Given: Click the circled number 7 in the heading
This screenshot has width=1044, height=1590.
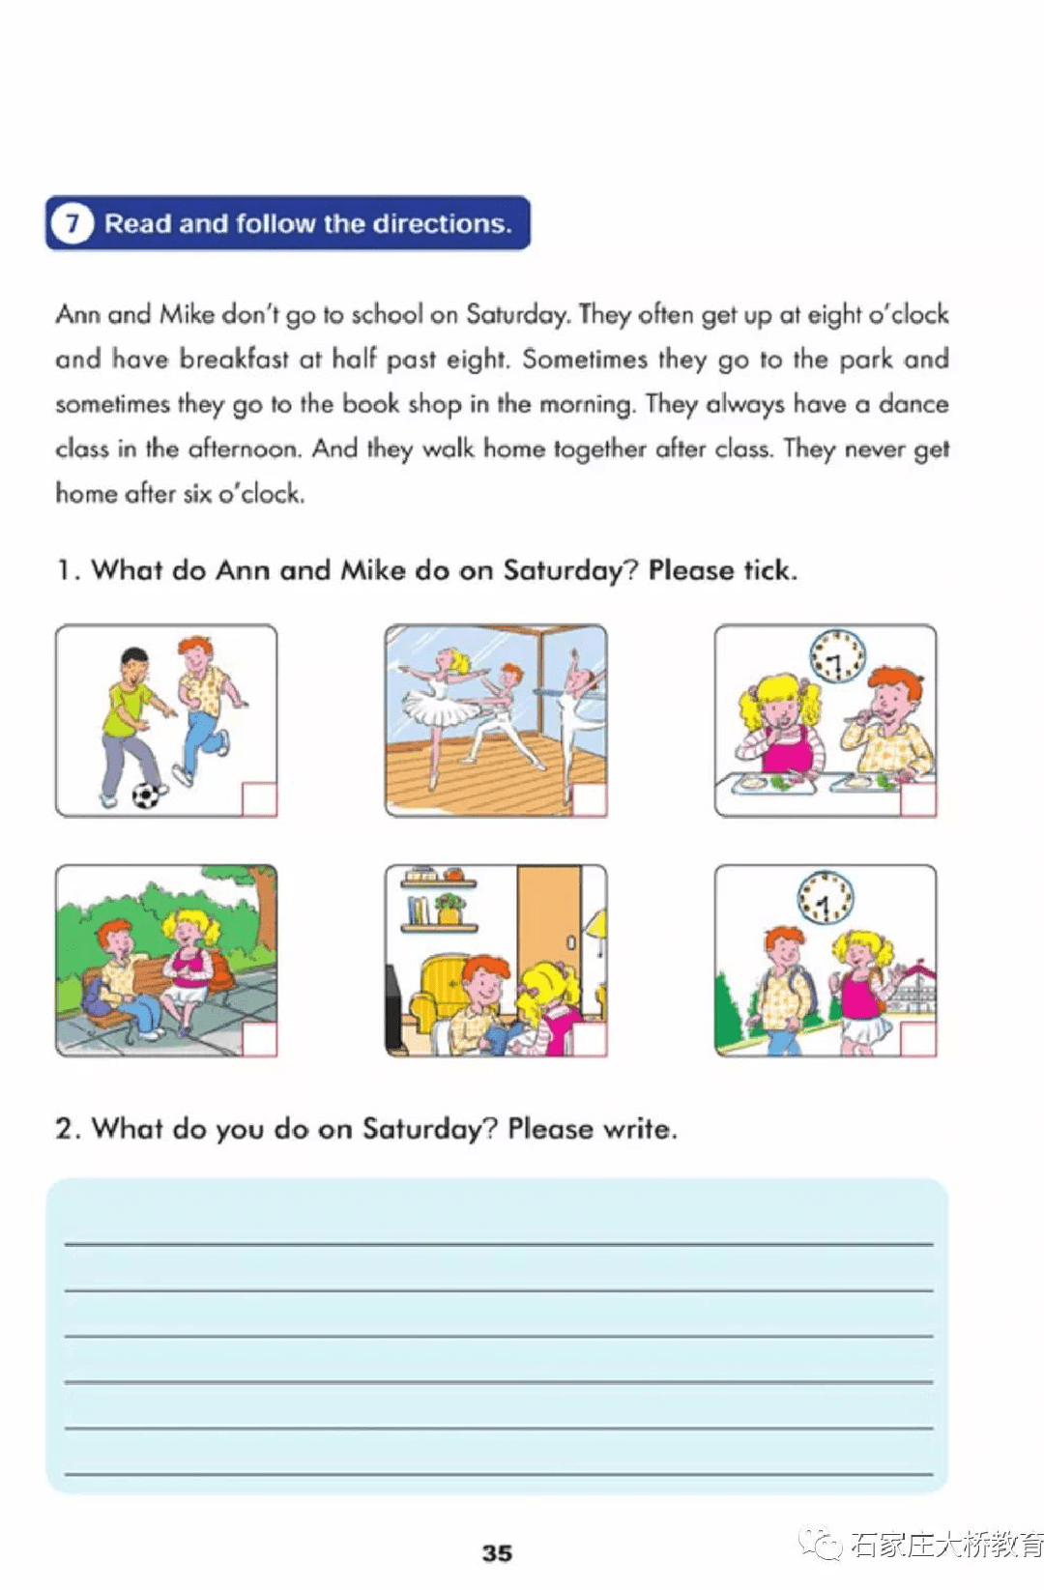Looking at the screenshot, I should coord(72,224).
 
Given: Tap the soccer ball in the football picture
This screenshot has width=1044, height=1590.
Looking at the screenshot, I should coord(146,795).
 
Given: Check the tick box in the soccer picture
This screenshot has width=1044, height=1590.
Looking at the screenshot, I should coord(258,798).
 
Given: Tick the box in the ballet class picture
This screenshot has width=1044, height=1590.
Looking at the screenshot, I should coord(589,799).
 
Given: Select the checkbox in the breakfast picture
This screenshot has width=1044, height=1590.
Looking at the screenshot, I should coord(918,799).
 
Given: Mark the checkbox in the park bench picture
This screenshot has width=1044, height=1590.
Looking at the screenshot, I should coord(258,1039).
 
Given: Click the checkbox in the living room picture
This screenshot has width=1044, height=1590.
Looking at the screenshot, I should coord(589,1039).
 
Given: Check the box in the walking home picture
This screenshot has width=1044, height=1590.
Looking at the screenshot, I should coord(918,1039).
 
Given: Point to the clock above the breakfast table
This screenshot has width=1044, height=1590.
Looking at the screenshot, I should coord(836,655).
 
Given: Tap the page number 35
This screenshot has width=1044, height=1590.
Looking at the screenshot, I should coord(497,1552).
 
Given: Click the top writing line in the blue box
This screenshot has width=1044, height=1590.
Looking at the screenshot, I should coord(498,1243).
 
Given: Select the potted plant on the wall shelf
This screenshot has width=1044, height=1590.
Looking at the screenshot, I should coord(449,909).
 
